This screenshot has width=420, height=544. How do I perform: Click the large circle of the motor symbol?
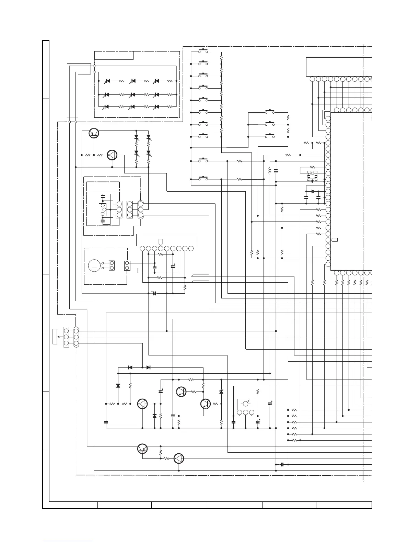(94, 265)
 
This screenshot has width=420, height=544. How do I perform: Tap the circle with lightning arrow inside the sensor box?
(246, 403)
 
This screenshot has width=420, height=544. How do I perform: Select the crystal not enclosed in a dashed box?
(312, 191)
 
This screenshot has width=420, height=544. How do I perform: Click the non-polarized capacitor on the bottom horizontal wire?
(282, 465)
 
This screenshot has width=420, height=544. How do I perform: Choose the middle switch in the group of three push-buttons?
(270, 124)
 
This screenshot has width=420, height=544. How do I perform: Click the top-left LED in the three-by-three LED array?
(107, 81)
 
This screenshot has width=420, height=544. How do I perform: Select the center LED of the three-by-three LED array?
(132, 94)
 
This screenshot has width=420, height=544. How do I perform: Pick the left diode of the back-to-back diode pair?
(130, 367)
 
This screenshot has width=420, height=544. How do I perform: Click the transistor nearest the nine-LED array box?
(94, 133)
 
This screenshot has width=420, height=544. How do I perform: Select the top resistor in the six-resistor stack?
(294, 410)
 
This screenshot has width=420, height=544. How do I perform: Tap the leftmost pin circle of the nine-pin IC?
(142, 248)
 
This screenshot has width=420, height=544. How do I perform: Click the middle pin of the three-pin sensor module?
(246, 412)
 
